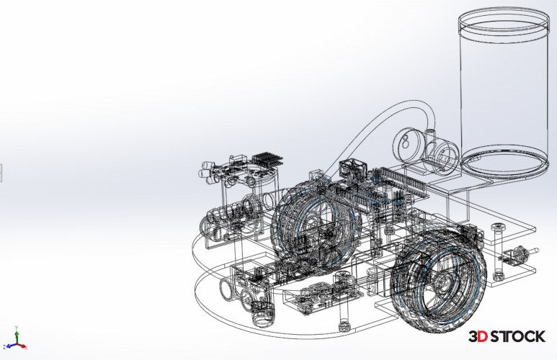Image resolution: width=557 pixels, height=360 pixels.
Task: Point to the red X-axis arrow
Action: point(22,346)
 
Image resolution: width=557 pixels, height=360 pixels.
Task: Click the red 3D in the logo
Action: point(478,336)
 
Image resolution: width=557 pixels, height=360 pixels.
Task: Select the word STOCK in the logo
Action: point(517,336)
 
